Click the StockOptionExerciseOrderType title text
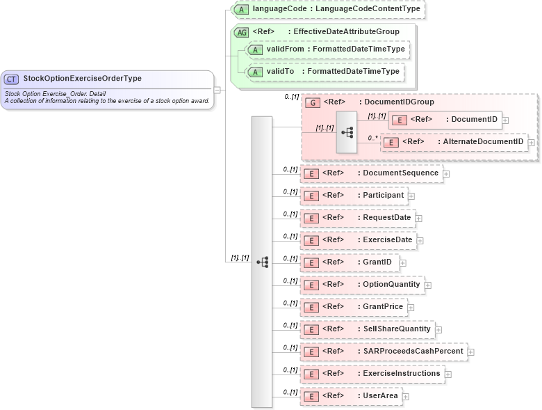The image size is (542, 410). click(82, 79)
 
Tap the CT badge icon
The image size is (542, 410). click(12, 79)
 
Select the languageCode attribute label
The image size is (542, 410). click(337, 9)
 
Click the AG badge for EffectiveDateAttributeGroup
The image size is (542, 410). click(242, 32)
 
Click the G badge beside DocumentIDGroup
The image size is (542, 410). click(313, 102)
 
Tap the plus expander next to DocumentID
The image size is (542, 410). click(505, 120)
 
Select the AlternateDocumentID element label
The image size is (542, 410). click(481, 142)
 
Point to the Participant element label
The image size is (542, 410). click(383, 196)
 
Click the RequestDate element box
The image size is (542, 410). click(357, 218)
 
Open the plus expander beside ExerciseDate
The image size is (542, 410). click(420, 241)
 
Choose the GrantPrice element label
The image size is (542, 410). click(383, 306)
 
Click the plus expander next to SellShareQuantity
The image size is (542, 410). click(438, 330)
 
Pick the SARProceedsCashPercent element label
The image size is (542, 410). click(413, 351)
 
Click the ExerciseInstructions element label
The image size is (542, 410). click(401, 373)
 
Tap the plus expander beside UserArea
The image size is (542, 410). click(406, 397)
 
